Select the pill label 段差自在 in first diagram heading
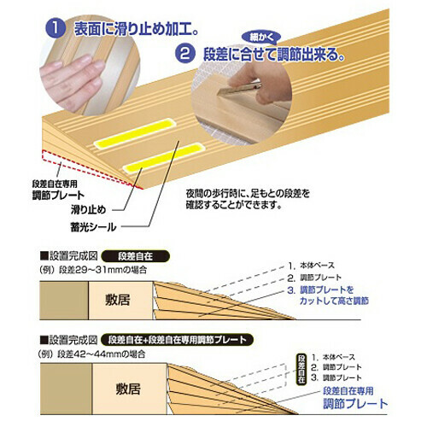pos(140,254)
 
